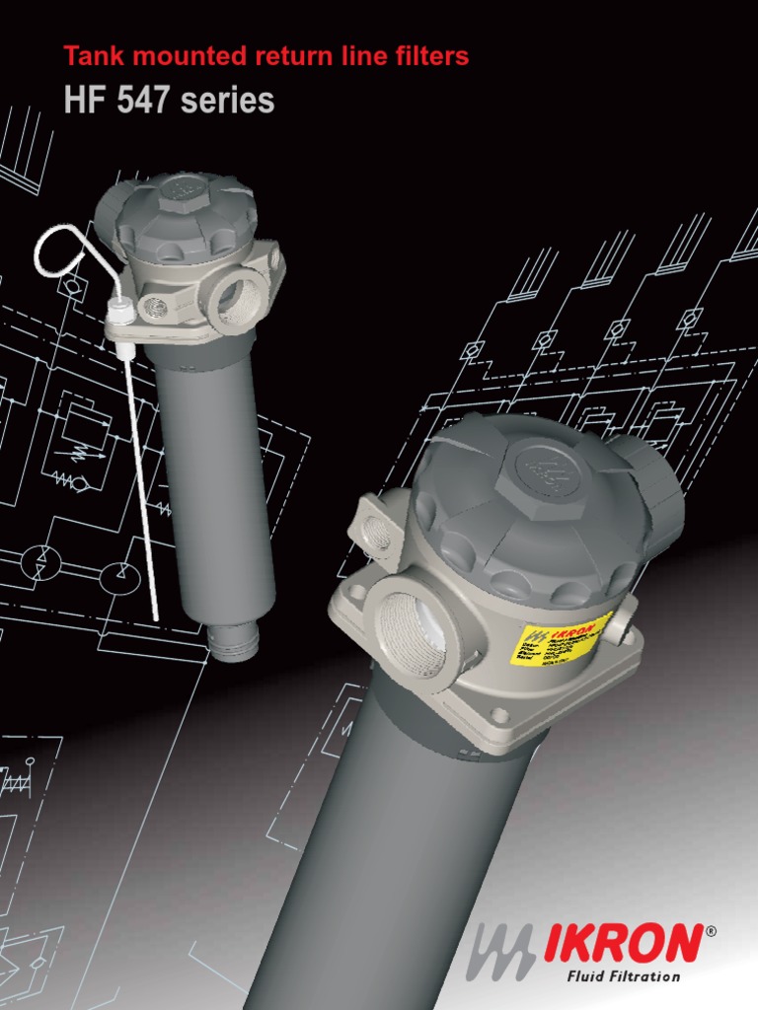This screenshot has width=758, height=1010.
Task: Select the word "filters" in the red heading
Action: [x=431, y=57]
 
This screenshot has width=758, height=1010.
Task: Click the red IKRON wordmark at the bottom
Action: [x=623, y=945]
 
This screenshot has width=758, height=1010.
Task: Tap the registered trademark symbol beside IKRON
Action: [x=712, y=930]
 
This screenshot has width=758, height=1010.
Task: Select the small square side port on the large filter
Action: [x=376, y=530]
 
